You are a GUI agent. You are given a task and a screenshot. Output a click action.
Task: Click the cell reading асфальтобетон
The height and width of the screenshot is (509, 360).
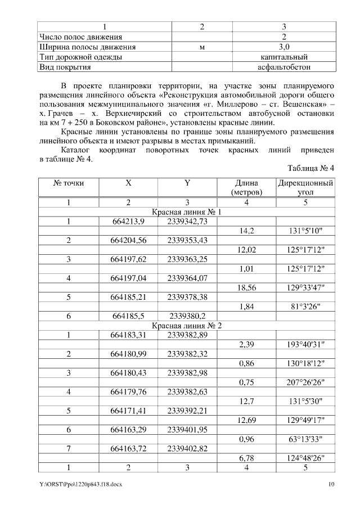tap(283, 67)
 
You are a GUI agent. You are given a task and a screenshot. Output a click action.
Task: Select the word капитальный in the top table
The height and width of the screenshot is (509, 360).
tap(283, 57)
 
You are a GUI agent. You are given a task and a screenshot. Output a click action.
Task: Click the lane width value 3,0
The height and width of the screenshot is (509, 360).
tap(283, 47)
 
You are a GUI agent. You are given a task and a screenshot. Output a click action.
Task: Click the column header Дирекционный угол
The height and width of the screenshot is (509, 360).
tap(305, 188)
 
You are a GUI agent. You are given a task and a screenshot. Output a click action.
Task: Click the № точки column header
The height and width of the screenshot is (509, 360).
tap(68, 183)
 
